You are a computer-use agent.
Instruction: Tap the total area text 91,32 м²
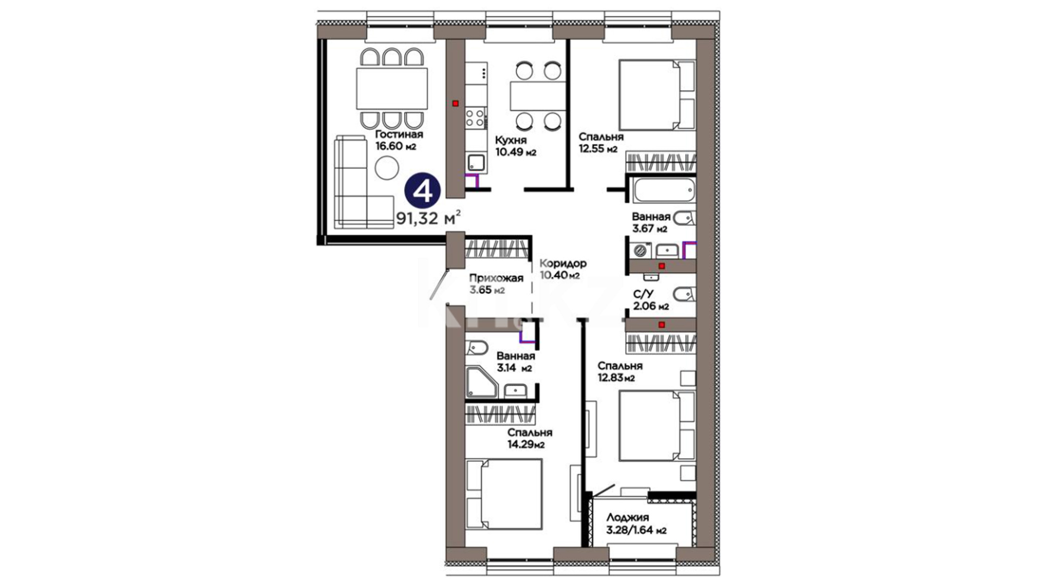pyautogui.click(x=429, y=218)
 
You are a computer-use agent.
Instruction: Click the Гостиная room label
pyautogui.click(x=399, y=134)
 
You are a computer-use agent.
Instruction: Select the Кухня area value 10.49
pyautogui.click(x=510, y=152)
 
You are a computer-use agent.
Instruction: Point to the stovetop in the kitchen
pyautogui.click(x=475, y=117)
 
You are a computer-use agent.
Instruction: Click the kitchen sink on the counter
pyautogui.click(x=476, y=162)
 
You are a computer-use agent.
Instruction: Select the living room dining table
pyautogui.click(x=392, y=88)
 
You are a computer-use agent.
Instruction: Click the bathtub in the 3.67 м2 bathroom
pyautogui.click(x=663, y=190)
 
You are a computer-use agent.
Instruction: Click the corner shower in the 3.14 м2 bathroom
pyautogui.click(x=481, y=382)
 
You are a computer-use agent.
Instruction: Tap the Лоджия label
pyautogui.click(x=627, y=517)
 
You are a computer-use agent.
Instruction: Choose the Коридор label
pyautogui.click(x=563, y=263)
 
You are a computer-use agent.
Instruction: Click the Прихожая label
pyautogui.click(x=496, y=278)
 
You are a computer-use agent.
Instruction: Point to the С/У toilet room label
pyautogui.click(x=643, y=294)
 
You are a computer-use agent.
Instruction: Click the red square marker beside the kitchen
pyautogui.click(x=455, y=103)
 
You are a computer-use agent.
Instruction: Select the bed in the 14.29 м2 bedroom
pyautogui.click(x=504, y=494)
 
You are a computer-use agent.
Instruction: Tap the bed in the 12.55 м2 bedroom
pyautogui.click(x=657, y=95)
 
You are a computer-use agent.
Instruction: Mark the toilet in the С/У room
pyautogui.click(x=684, y=295)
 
